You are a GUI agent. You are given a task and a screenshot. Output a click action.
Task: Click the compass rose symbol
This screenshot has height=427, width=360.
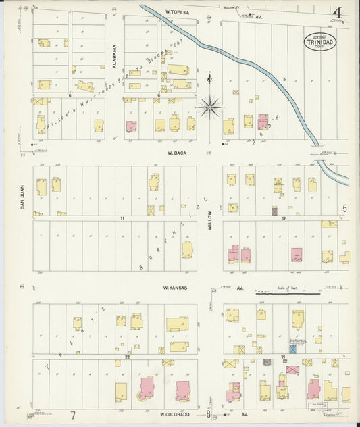point(210,107)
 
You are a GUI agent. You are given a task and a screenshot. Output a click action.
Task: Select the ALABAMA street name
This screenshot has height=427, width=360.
point(115,55)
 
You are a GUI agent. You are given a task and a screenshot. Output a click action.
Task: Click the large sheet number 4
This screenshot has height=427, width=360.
point(336,13)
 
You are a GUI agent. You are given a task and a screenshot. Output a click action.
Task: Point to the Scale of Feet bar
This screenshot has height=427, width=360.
point(287,293)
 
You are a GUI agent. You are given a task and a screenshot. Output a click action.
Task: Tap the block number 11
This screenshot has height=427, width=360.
point(123,219)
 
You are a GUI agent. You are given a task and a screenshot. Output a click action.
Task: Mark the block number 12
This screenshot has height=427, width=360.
point(284,219)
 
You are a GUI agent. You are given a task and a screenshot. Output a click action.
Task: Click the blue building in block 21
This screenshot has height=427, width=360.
point(292,349)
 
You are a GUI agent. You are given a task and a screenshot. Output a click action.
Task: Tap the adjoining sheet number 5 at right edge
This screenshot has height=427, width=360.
point(344,209)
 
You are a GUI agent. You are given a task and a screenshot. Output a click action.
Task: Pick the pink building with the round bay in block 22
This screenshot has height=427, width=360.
point(146,390)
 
